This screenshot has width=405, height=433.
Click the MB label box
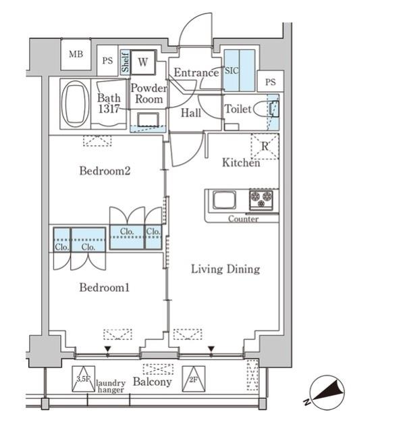coord(76,55)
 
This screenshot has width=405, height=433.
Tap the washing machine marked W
coord(143,62)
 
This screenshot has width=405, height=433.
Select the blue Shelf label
coord(125,62)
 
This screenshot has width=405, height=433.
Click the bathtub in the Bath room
coord(76,104)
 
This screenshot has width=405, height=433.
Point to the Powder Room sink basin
coord(148,120)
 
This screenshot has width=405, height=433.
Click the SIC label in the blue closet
coord(232,71)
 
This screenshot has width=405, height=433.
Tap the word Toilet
coord(238,109)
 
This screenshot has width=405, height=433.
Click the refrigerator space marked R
coord(265,147)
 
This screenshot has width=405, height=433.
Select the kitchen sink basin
coord(224,200)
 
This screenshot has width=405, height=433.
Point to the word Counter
coord(243,219)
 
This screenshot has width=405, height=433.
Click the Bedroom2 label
coord(105,171)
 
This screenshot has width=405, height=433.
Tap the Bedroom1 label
coord(104,288)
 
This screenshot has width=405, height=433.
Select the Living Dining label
coord(225,270)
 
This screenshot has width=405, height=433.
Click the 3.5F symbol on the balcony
coord(84,379)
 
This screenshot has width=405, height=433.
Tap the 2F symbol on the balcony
coord(194,379)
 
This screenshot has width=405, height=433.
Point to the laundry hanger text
coord(111,386)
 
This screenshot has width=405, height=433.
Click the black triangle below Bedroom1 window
coord(107,349)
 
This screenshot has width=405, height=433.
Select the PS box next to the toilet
coord(271,82)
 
